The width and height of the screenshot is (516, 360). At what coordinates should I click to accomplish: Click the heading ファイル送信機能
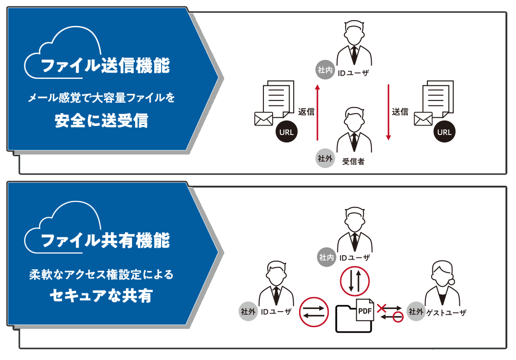[105, 66]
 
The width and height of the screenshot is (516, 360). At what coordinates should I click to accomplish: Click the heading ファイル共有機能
[105, 240]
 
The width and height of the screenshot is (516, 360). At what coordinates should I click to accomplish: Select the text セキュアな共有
[101, 296]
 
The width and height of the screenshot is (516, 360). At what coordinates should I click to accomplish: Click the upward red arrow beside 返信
[317, 111]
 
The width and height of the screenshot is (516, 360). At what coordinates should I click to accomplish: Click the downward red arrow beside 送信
[388, 111]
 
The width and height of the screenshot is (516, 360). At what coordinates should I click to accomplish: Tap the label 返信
[306, 111]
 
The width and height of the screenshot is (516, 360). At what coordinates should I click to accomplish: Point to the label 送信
[400, 111]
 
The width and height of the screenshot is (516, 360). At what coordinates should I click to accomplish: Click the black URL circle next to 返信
[287, 132]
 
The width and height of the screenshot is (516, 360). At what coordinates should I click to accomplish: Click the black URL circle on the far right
[444, 132]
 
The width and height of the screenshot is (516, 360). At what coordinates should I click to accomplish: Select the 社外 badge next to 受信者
[325, 158]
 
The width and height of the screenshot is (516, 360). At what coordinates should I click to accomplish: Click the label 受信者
[353, 162]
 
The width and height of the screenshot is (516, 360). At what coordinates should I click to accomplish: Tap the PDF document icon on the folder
[364, 311]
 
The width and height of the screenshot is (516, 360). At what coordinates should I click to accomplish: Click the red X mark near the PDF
[382, 308]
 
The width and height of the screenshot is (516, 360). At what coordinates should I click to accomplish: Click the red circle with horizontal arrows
[314, 313]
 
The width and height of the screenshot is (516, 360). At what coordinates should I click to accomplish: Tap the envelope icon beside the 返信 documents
[263, 119]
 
